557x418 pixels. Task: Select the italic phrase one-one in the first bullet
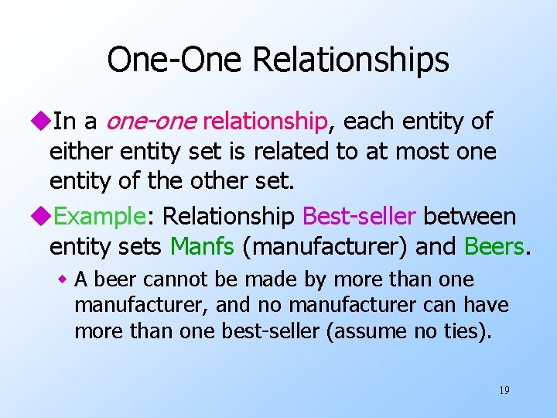(x=151, y=122)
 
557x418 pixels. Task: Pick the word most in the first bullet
(x=424, y=151)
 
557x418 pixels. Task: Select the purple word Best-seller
(x=360, y=217)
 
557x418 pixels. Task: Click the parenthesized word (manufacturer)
(x=326, y=246)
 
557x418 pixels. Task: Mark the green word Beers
(x=494, y=246)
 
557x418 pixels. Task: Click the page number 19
(x=504, y=390)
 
